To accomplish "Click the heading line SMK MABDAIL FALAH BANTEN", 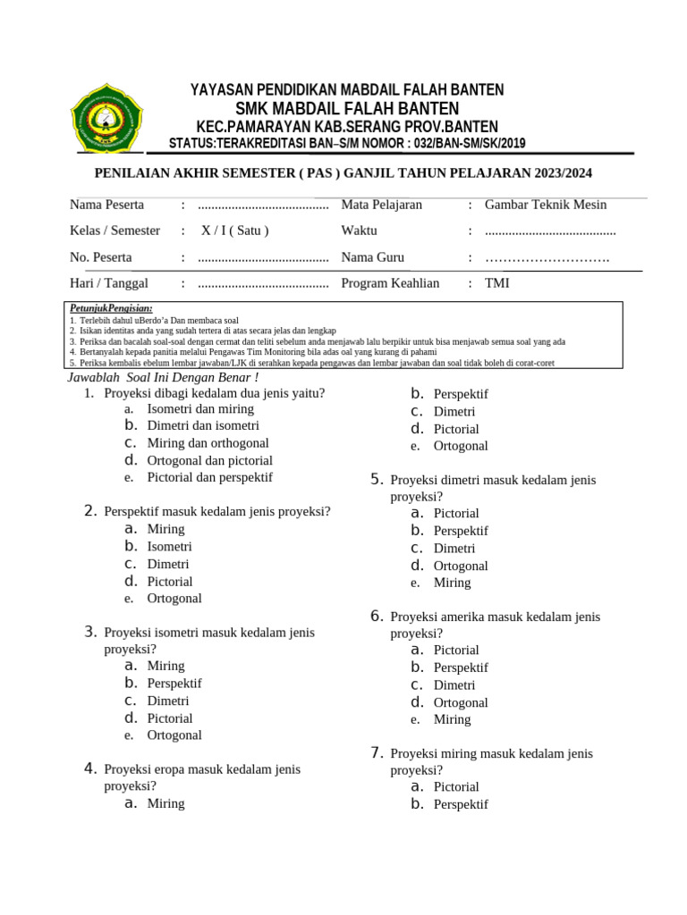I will tap(347, 108).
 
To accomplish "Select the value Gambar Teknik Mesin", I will tap(545, 205).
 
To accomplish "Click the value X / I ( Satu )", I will tap(234, 231).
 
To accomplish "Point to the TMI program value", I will tap(497, 283).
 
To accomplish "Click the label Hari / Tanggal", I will tap(109, 283).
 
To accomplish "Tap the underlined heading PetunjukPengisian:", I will tap(111, 307).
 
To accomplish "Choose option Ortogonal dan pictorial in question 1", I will tap(209, 460).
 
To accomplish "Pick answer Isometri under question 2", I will tap(169, 546).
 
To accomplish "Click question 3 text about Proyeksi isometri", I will tap(208, 633).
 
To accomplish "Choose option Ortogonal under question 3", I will tap(174, 735).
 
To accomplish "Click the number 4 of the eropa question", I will tap(90, 768).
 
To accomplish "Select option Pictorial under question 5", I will tap(456, 513).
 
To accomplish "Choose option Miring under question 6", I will tap(452, 719).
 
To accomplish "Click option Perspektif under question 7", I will tap(461, 804).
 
